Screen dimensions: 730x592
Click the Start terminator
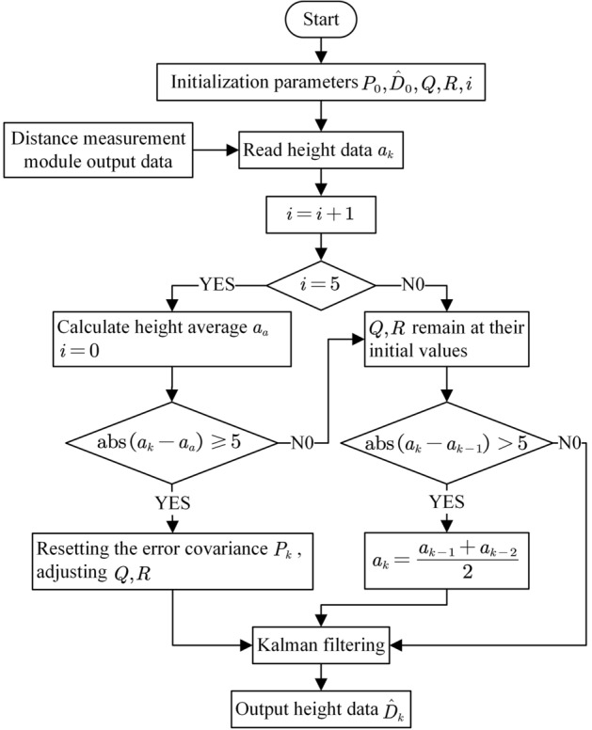(x=323, y=20)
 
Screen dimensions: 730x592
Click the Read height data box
(x=323, y=150)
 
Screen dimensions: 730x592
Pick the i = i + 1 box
(x=323, y=217)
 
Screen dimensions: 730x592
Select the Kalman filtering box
(x=323, y=645)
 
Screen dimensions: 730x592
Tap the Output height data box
(x=323, y=706)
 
